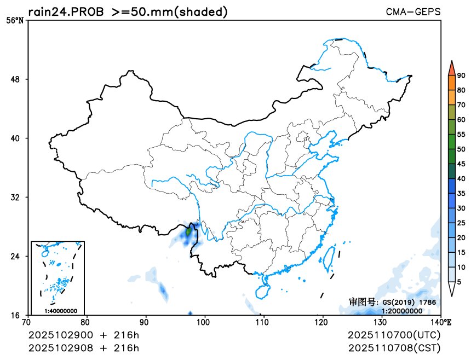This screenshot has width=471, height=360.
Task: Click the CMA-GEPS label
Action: pyautogui.click(x=413, y=11)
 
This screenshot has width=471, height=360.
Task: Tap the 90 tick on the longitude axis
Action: pyautogui.click(x=145, y=322)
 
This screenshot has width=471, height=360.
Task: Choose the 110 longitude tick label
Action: pyautogui.click(x=263, y=322)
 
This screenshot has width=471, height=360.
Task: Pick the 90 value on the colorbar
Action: pyautogui.click(x=461, y=76)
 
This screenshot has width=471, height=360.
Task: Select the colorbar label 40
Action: pyautogui.click(x=461, y=178)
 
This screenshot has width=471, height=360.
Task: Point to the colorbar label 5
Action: pyautogui.click(x=459, y=281)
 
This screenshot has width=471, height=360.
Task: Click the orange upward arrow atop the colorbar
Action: pyautogui.click(x=451, y=68)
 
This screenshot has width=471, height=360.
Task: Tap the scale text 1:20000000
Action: pyautogui.click(x=402, y=311)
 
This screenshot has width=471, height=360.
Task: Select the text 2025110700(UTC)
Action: pyautogui.click(x=394, y=335)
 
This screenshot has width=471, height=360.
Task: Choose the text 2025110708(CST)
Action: pyautogui.click(x=394, y=347)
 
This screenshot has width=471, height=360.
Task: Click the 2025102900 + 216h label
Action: pyautogui.click(x=84, y=335)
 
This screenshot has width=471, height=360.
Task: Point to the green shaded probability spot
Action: pyautogui.click(x=189, y=232)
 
